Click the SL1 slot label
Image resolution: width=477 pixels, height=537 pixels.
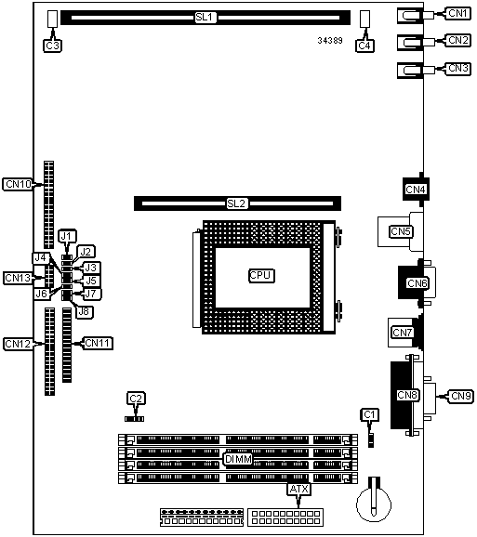(x=205, y=17)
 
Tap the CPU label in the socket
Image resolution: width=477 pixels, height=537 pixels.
(x=261, y=275)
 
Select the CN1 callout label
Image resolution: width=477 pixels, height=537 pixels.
(x=457, y=13)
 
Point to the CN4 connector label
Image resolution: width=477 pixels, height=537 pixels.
(x=416, y=189)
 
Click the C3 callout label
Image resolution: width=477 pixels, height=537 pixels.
(x=52, y=46)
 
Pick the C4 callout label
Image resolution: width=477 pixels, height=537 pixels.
(x=364, y=46)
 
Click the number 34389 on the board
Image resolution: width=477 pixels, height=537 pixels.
(x=330, y=40)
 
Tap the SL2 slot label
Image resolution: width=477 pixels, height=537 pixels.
(x=237, y=203)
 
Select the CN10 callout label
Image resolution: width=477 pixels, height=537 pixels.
(x=19, y=184)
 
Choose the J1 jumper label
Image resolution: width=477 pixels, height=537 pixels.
(x=67, y=236)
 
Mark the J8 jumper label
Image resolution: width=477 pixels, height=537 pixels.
(x=85, y=311)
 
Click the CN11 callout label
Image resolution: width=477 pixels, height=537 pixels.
(x=98, y=343)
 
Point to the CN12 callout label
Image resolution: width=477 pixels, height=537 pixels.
(x=19, y=344)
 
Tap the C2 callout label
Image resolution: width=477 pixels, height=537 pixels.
(x=136, y=399)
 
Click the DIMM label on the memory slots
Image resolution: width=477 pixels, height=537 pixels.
(x=238, y=459)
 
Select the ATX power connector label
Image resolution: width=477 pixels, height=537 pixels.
(x=299, y=490)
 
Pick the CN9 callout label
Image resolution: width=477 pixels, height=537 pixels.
(x=461, y=396)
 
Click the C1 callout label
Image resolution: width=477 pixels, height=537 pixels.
(x=370, y=414)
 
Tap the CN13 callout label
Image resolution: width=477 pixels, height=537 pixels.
(x=19, y=278)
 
